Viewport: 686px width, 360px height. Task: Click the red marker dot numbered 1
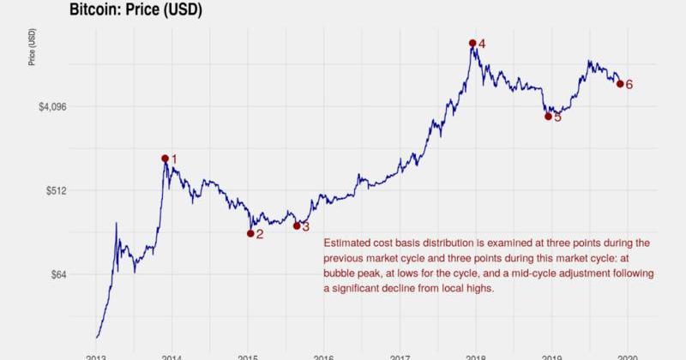click(165, 159)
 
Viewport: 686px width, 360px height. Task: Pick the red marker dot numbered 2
click(250, 233)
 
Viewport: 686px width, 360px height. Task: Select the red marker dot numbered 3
click(297, 225)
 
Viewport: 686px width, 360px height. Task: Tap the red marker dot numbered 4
click(472, 43)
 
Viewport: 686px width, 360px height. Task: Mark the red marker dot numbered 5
click(548, 116)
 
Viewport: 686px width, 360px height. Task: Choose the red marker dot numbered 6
click(620, 84)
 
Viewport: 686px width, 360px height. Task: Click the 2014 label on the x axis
click(172, 356)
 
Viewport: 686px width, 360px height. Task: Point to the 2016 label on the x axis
click(323, 356)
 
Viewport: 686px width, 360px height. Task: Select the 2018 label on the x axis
click(476, 356)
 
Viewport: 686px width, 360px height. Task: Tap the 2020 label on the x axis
click(628, 356)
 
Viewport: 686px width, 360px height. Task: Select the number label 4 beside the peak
click(482, 44)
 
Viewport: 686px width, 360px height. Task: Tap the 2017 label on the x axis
click(400, 356)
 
